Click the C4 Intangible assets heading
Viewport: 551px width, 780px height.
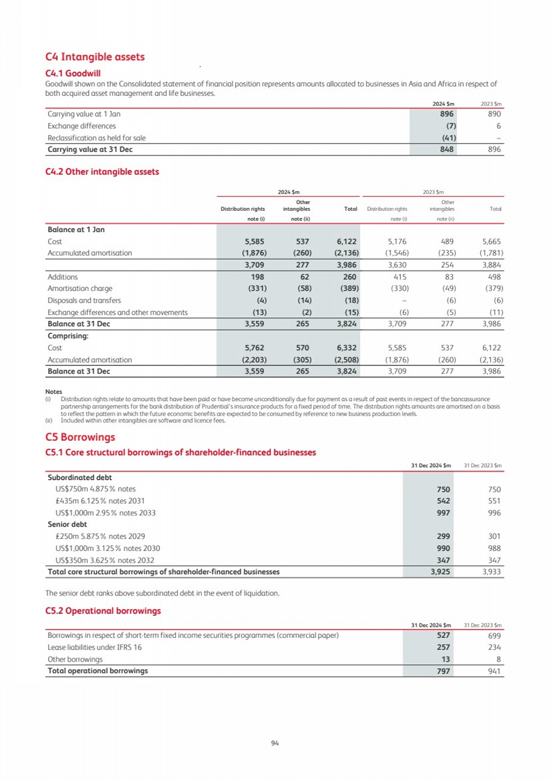(x=95, y=57)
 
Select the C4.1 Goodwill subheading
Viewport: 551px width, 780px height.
(x=73, y=73)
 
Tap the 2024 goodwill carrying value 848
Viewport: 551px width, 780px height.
(x=447, y=149)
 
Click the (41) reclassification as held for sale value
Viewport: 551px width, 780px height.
(x=449, y=138)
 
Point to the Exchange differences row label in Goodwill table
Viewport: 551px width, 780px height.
(x=81, y=126)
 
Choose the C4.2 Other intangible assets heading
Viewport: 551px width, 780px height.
(x=102, y=172)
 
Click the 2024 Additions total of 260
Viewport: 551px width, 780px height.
(x=350, y=277)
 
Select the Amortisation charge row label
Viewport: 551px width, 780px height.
(x=80, y=288)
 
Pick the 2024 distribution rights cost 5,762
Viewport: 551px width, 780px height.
(x=254, y=348)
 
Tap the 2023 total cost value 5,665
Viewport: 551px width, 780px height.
(x=491, y=241)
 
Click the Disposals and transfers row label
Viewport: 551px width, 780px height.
(x=84, y=300)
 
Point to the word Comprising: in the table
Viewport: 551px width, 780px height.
(x=68, y=336)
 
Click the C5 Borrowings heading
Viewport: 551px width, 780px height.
(x=80, y=437)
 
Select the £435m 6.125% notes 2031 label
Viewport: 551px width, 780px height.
(x=100, y=501)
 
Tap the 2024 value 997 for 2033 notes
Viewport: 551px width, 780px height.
(x=443, y=513)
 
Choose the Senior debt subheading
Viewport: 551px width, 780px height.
(x=67, y=524)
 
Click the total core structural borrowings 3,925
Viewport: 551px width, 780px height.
(x=440, y=572)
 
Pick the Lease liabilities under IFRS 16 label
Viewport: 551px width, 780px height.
(x=95, y=647)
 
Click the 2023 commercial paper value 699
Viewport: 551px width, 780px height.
(x=494, y=635)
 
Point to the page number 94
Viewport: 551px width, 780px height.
(x=275, y=743)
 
